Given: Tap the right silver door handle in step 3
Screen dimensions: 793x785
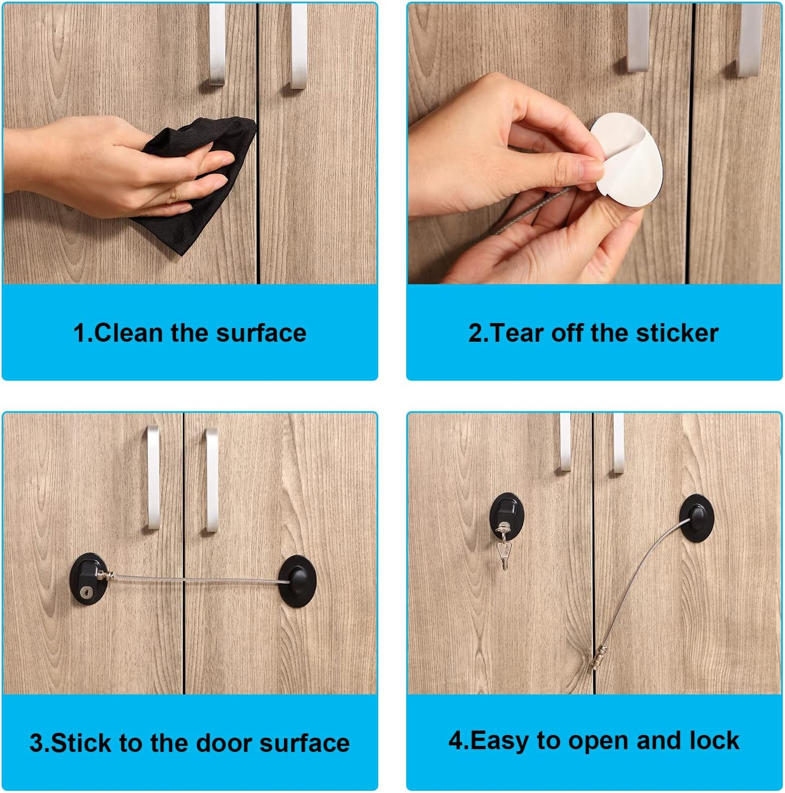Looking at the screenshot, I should click(x=211, y=479).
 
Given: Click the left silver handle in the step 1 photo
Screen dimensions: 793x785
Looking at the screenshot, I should click(x=217, y=44).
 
